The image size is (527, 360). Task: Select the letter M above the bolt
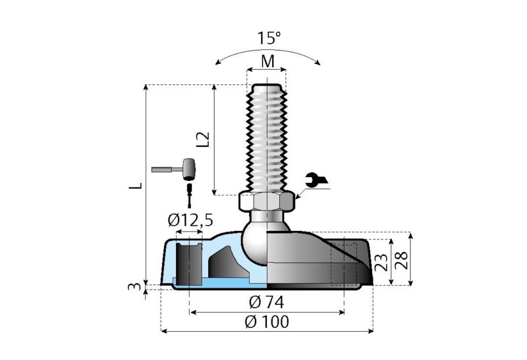(267, 61)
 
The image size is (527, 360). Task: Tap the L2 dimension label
(204, 139)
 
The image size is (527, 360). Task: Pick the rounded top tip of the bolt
(267, 86)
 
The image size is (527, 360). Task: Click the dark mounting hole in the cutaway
(189, 263)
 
